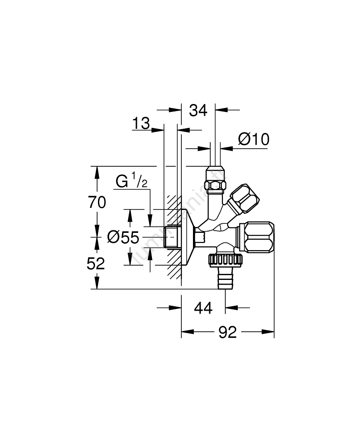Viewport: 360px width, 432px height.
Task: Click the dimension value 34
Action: click(x=198, y=111)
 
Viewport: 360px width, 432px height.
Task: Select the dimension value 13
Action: click(x=141, y=124)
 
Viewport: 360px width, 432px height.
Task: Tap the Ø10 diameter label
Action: click(x=253, y=139)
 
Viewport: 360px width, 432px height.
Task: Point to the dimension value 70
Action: click(x=97, y=202)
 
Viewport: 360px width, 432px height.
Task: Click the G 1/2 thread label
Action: click(x=131, y=182)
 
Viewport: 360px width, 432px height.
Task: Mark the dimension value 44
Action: click(x=203, y=308)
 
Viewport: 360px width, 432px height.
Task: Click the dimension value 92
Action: click(x=227, y=332)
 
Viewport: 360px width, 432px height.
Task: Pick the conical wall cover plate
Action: click(x=186, y=237)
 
